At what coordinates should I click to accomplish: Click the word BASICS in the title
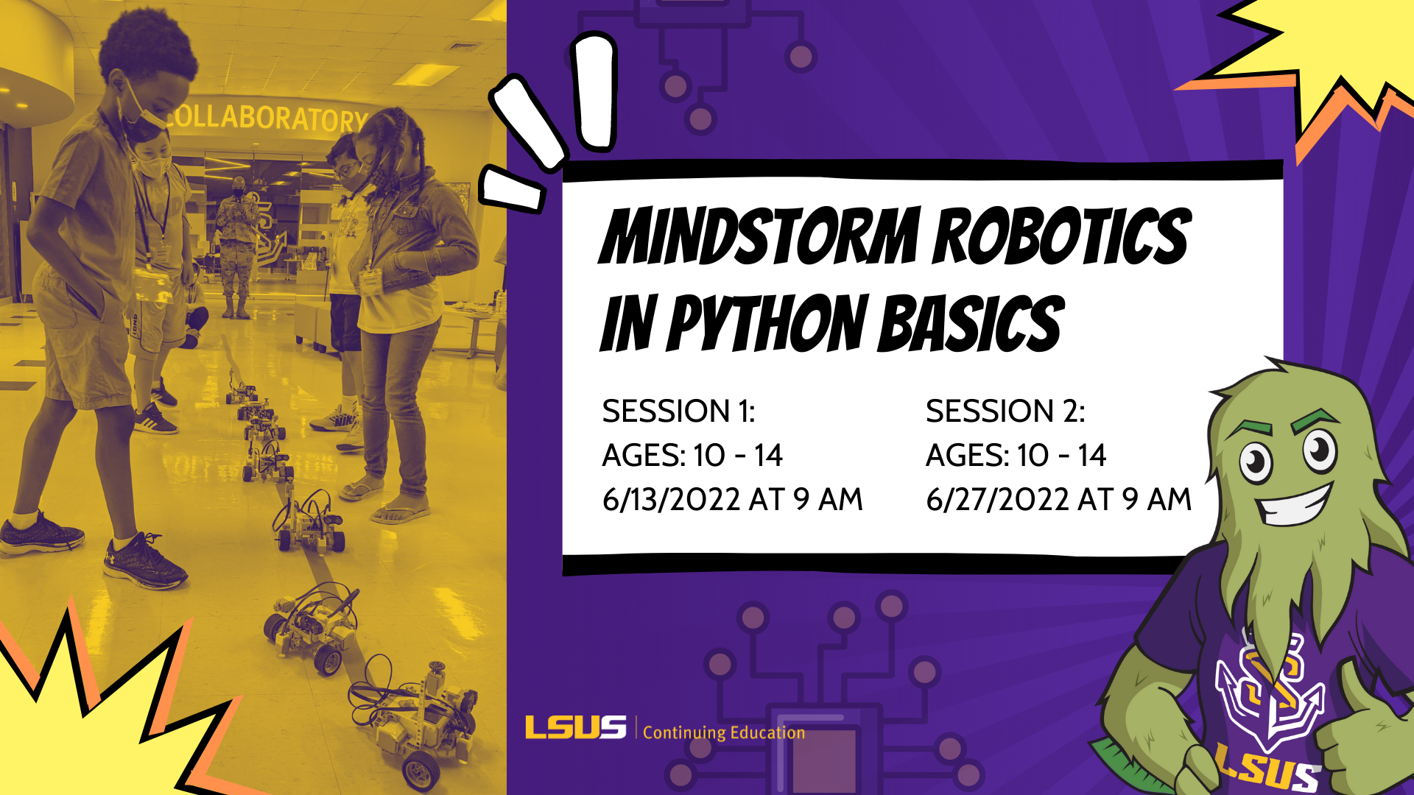pyautogui.click(x=971, y=323)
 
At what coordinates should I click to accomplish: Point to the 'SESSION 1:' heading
pyautogui.click(x=678, y=411)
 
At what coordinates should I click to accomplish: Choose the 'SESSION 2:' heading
pyautogui.click(x=1005, y=411)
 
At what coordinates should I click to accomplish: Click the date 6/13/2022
pyautogui.click(x=671, y=500)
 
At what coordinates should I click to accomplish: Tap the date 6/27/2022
pyautogui.click(x=997, y=500)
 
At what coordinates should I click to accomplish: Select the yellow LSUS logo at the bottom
pyautogui.click(x=575, y=728)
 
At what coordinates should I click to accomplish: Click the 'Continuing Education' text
pyautogui.click(x=724, y=732)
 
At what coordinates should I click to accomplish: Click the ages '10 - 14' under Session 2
pyautogui.click(x=1061, y=456)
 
